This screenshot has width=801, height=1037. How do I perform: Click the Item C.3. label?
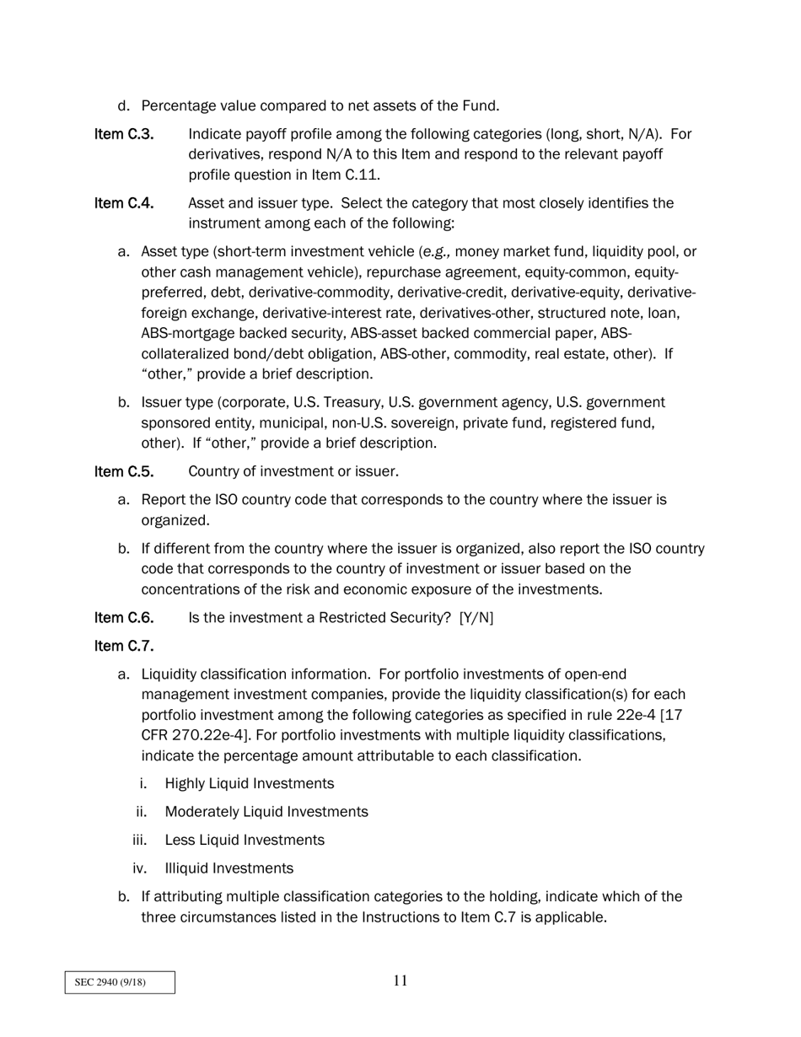[124, 135]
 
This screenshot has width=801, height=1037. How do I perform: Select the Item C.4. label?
[124, 204]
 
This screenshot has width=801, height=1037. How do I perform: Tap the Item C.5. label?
[124, 471]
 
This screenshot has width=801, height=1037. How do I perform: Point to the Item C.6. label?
[124, 618]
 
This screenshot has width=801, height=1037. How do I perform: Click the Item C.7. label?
[124, 647]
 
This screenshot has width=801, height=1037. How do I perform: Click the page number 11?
[400, 981]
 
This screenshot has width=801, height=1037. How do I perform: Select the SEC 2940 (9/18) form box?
[120, 983]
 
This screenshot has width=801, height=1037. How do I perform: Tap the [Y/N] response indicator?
[476, 618]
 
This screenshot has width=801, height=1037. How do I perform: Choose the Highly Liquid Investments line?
[249, 784]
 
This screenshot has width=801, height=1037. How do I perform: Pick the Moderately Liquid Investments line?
[266, 812]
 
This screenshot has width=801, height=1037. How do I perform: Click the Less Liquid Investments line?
[244, 841]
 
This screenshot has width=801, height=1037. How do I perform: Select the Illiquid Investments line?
[228, 868]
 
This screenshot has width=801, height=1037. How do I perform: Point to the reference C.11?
[361, 175]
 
